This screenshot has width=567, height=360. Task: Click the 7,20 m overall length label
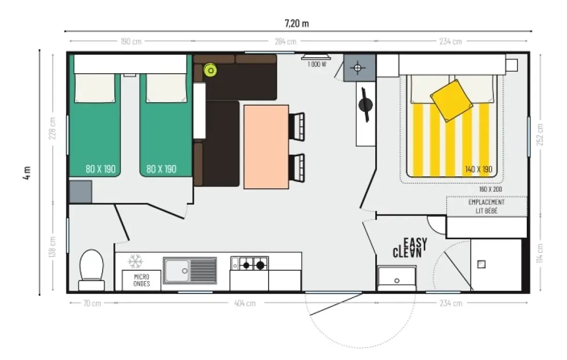(x=296, y=24)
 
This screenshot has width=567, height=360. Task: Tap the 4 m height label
(x=27, y=172)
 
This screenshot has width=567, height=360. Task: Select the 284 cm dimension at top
(x=286, y=42)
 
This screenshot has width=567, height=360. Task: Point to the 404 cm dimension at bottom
(x=245, y=303)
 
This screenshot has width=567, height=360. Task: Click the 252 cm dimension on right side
(x=540, y=135)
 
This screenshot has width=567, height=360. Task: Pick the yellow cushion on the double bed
(x=452, y=100)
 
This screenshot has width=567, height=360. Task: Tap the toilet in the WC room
(x=91, y=270)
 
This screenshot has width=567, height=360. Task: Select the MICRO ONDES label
(x=141, y=280)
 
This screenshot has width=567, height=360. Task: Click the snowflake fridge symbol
(x=135, y=261)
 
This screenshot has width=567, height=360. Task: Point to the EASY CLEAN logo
(x=410, y=248)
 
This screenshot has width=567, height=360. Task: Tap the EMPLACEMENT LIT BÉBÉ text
(x=487, y=206)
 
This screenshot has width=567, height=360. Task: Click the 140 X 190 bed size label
(x=478, y=169)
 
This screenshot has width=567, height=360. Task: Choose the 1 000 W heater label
(x=317, y=64)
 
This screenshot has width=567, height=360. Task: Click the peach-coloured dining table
(x=266, y=147)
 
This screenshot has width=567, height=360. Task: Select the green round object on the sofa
(x=210, y=70)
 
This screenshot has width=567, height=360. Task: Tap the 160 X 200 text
(x=490, y=189)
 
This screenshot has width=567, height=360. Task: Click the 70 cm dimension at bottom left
(x=92, y=303)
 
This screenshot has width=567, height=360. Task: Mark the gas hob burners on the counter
(x=253, y=265)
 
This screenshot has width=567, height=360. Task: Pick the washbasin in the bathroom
(x=397, y=278)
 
